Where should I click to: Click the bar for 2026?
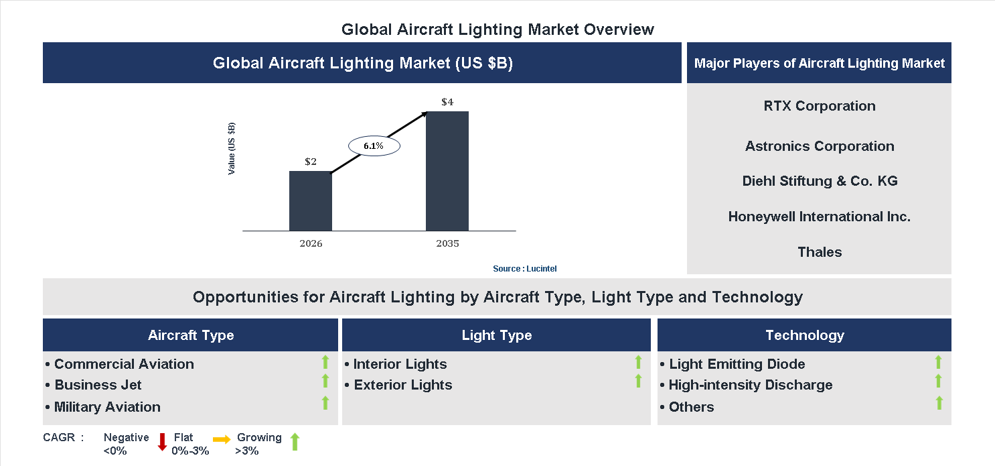click(x=310, y=200)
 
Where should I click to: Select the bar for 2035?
click(x=447, y=171)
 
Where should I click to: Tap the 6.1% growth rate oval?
click(x=373, y=145)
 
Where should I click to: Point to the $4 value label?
click(x=447, y=102)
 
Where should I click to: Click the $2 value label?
click(x=311, y=162)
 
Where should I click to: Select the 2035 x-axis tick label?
click(x=447, y=243)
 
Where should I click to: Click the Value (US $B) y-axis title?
click(x=232, y=148)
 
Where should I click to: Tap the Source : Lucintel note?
click(x=524, y=268)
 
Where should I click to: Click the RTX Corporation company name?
click(x=819, y=106)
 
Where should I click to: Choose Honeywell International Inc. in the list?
click(x=819, y=217)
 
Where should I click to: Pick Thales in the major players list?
click(x=819, y=252)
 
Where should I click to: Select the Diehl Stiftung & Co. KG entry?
click(x=819, y=181)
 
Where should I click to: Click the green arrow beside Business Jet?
click(x=325, y=382)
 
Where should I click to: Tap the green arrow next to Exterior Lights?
click(x=638, y=382)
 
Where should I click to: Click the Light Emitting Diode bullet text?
click(x=737, y=364)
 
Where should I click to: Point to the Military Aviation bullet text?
click(x=107, y=407)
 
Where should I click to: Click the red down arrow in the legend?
click(x=162, y=441)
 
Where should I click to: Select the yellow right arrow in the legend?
click(x=222, y=439)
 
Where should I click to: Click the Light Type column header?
click(x=496, y=335)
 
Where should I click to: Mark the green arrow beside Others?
click(x=939, y=403)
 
